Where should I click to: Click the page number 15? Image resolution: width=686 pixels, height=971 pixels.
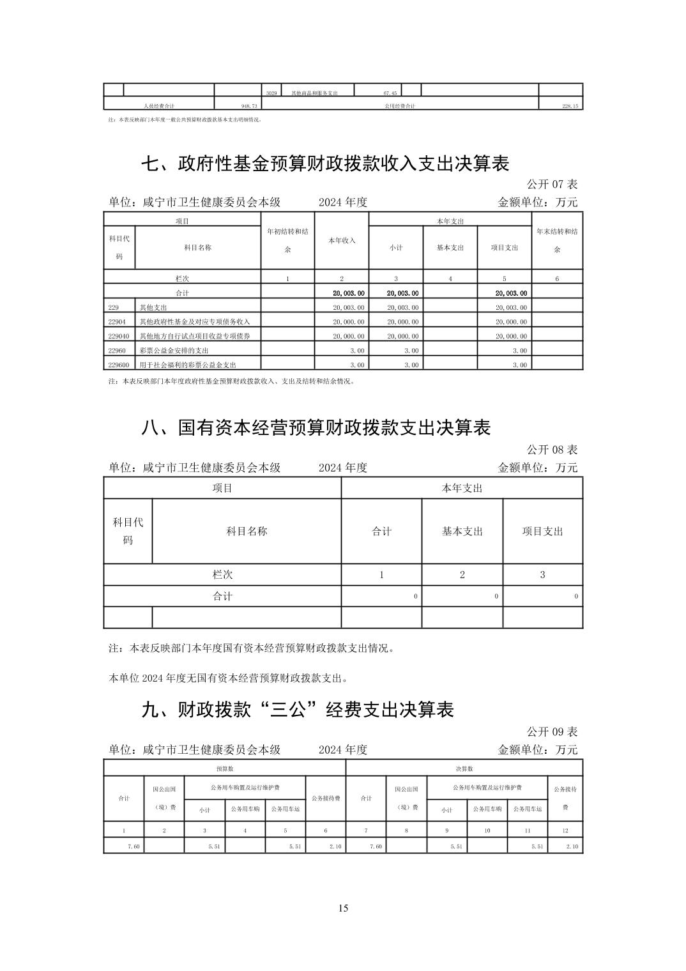[343, 908]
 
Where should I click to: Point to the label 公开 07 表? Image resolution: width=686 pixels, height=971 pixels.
[552, 184]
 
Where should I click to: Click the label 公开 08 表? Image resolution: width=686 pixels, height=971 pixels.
[552, 450]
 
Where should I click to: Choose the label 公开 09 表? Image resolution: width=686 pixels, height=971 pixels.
[552, 731]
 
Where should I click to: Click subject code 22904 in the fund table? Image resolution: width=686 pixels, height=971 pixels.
[118, 322]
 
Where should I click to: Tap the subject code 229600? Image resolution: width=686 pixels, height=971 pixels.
[119, 365]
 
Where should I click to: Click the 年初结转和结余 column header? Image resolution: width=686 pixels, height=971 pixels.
[287, 240]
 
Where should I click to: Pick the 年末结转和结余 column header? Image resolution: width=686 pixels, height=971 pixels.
[557, 240]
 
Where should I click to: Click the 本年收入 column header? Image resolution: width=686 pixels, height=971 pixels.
[342, 240]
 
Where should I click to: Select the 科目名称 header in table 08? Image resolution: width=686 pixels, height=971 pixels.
[247, 531]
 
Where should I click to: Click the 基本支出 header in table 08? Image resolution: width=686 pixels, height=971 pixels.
[462, 531]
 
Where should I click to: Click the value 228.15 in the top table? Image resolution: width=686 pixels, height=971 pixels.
[570, 106]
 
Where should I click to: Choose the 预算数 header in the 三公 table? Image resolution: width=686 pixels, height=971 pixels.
[225, 768]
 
